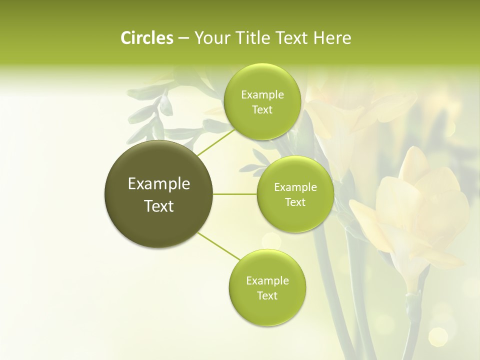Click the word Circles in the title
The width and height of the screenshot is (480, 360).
coord(146,38)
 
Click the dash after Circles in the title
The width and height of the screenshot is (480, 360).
coord(183,38)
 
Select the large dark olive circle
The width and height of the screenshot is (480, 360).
coord(158,194)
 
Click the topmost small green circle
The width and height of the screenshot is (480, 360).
coord(262,101)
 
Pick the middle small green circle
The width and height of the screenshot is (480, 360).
coord(295,194)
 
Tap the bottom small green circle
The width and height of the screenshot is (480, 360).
coord(267,287)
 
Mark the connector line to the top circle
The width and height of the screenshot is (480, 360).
coord(216,141)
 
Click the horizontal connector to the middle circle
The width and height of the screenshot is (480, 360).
coord(234,194)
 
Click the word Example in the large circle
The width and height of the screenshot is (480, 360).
coord(158,184)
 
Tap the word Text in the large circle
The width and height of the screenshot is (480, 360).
coord(158,206)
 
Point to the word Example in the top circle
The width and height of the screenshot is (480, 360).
coord(262,95)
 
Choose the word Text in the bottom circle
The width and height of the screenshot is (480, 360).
coord(267,295)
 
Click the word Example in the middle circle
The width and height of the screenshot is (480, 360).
coord(295,187)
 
